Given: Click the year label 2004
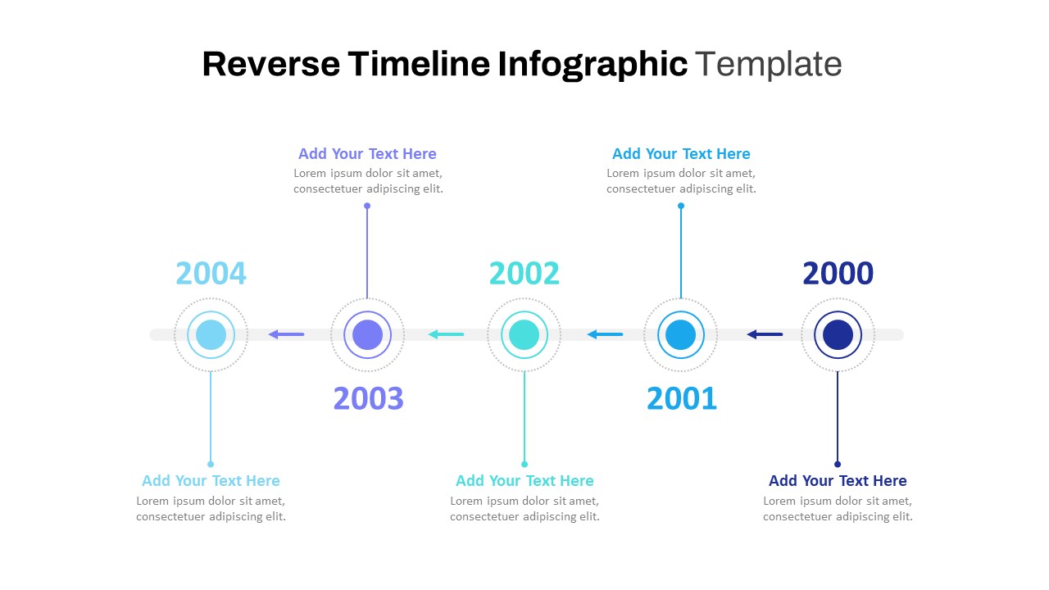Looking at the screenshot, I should (x=211, y=274).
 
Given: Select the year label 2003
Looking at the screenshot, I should (x=368, y=399).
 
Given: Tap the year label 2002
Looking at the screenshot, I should (x=524, y=274).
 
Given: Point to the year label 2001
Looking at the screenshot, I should (x=681, y=399).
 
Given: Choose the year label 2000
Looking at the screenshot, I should (x=838, y=274).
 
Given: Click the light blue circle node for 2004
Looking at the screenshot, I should (x=211, y=335).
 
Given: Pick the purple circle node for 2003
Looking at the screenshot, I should (x=367, y=335).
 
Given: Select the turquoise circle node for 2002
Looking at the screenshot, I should (x=524, y=335).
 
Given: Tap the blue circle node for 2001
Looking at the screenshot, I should (x=680, y=335).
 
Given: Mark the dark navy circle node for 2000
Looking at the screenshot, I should (x=838, y=335).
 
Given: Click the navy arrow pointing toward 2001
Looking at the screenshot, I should (x=764, y=334).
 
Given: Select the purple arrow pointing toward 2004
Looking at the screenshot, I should (x=286, y=334).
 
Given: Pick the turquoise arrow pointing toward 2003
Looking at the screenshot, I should (x=446, y=334).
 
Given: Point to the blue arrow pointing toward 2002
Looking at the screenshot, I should (x=605, y=334).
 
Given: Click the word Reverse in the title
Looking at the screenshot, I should (x=270, y=64).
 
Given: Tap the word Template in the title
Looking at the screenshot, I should (x=768, y=64).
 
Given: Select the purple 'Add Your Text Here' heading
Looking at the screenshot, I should (x=367, y=154).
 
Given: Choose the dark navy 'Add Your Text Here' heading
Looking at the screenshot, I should (x=838, y=481).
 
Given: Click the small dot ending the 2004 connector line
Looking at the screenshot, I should (x=211, y=464).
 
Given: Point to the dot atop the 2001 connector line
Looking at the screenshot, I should (x=681, y=206).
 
